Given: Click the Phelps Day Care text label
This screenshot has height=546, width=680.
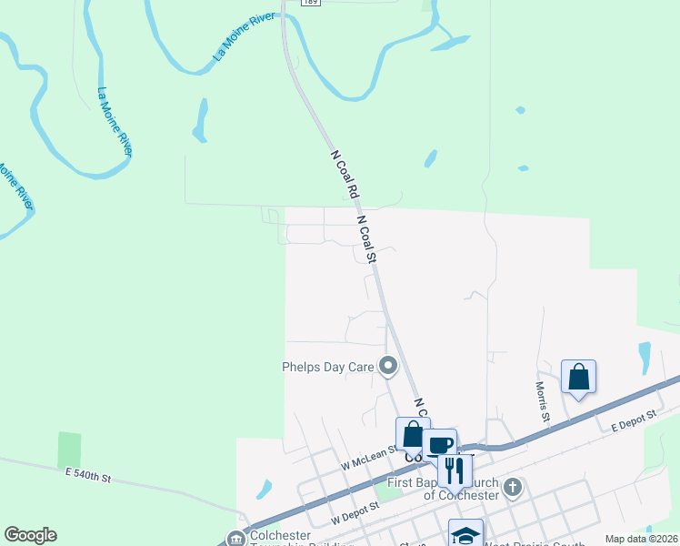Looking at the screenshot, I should pyautogui.click(x=328, y=368).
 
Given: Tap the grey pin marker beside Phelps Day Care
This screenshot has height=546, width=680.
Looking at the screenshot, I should pyautogui.click(x=388, y=367).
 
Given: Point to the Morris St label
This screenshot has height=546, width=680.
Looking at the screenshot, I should pyautogui.click(x=542, y=400).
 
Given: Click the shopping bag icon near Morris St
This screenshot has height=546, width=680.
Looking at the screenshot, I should pyautogui.click(x=578, y=377).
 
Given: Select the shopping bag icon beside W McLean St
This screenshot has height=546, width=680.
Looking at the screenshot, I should pyautogui.click(x=413, y=434).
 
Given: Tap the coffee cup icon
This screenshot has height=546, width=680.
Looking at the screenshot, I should pyautogui.click(x=440, y=445).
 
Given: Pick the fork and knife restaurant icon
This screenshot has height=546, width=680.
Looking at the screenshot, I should pyautogui.click(x=455, y=470).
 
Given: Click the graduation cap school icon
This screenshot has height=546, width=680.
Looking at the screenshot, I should pyautogui.click(x=465, y=534).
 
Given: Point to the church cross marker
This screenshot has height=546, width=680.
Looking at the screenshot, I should pyautogui.click(x=512, y=487).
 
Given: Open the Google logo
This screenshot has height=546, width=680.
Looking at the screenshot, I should pyautogui.click(x=30, y=535).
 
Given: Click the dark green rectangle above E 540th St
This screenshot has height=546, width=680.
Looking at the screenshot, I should pyautogui.click(x=69, y=450).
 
